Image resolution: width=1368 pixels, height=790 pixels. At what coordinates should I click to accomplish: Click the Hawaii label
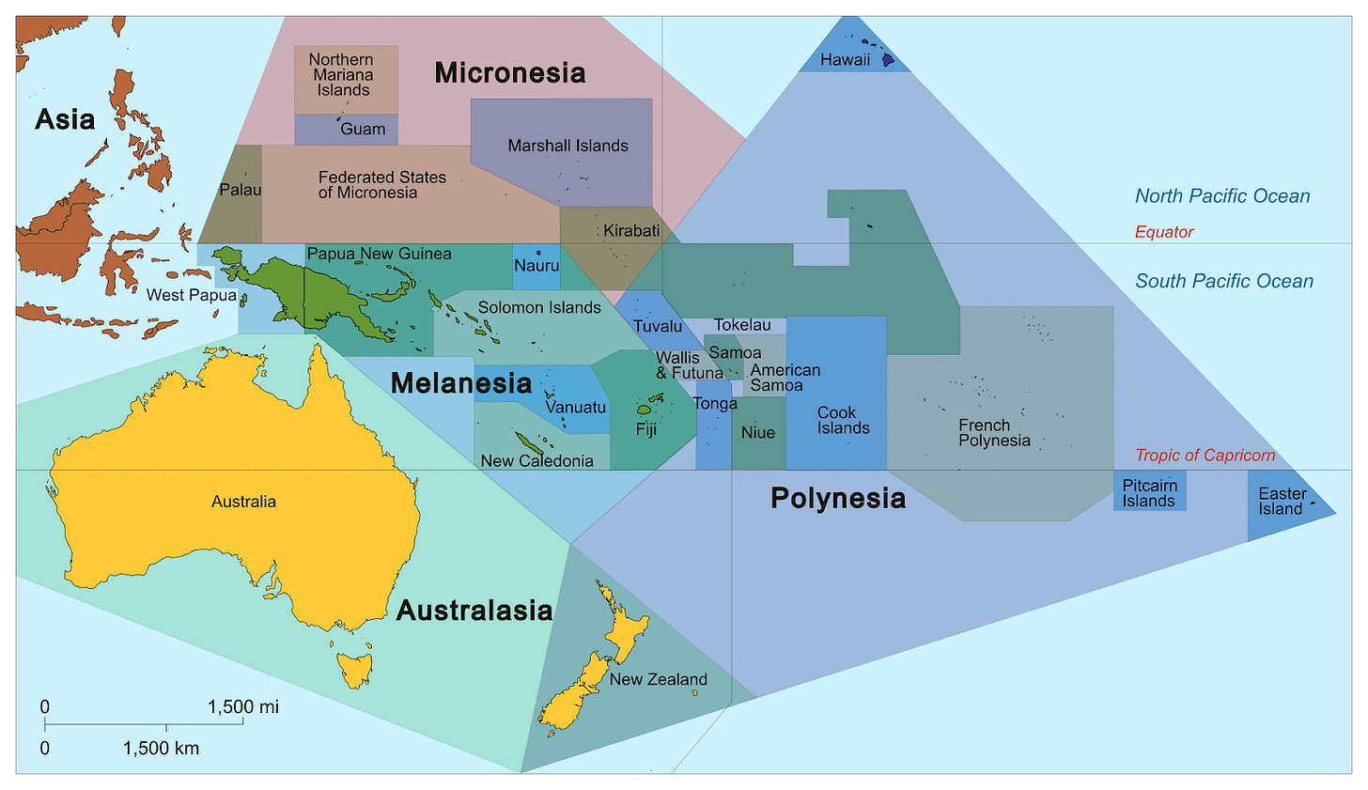(845, 60)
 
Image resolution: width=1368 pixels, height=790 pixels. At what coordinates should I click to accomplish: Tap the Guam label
(363, 130)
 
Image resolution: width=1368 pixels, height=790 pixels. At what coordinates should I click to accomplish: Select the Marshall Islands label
(567, 146)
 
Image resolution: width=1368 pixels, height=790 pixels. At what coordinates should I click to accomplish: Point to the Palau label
(240, 190)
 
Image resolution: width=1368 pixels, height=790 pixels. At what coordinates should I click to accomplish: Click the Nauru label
(536, 266)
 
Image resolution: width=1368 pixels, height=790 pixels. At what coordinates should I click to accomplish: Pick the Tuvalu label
(657, 327)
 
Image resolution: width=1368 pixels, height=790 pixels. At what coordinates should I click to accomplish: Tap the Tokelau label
(741, 325)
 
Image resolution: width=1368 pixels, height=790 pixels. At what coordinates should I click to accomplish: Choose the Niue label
(757, 433)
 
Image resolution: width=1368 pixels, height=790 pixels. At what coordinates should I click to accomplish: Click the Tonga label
(714, 404)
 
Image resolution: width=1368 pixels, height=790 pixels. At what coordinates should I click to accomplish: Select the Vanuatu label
(575, 408)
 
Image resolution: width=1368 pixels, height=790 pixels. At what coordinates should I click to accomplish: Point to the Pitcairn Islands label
(1149, 493)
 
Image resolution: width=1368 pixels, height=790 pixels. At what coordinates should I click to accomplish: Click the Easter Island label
(1282, 502)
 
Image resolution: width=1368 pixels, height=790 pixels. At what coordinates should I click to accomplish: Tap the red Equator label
(1164, 232)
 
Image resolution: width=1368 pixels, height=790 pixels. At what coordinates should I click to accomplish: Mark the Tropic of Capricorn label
(1205, 456)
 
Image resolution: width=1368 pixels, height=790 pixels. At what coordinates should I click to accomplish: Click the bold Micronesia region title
(509, 72)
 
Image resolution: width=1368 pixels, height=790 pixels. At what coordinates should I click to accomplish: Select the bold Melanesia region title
(460, 383)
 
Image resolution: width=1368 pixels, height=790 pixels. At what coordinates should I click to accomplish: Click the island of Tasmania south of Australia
(355, 670)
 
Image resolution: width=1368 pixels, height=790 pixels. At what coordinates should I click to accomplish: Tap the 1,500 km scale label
(161, 749)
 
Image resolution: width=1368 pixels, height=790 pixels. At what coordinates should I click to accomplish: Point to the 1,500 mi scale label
(242, 707)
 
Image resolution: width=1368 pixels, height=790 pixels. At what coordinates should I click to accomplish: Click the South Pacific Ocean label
(1223, 281)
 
